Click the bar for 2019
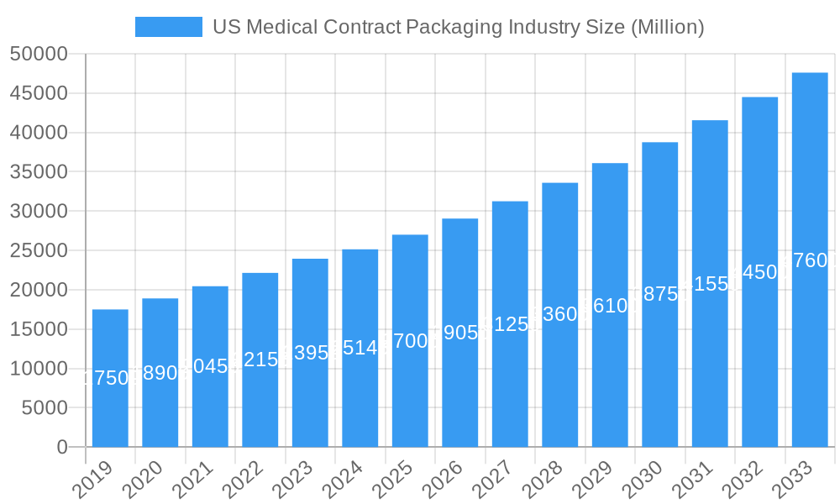(110, 378)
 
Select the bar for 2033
(810, 260)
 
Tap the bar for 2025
(410, 340)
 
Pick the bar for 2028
(559, 314)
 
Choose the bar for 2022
(260, 360)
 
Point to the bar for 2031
(710, 283)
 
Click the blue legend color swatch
(169, 27)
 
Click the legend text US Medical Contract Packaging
(458, 27)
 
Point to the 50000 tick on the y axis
(39, 55)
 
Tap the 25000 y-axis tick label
(39, 250)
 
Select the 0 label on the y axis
(61, 448)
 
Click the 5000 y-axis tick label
(44, 408)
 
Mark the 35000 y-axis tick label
(39, 172)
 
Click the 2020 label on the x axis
(144, 481)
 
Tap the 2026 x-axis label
(444, 481)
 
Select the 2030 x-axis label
(644, 481)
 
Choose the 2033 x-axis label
(794, 481)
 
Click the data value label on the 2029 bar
(610, 306)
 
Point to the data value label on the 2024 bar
(360, 348)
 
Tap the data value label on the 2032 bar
(759, 272)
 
